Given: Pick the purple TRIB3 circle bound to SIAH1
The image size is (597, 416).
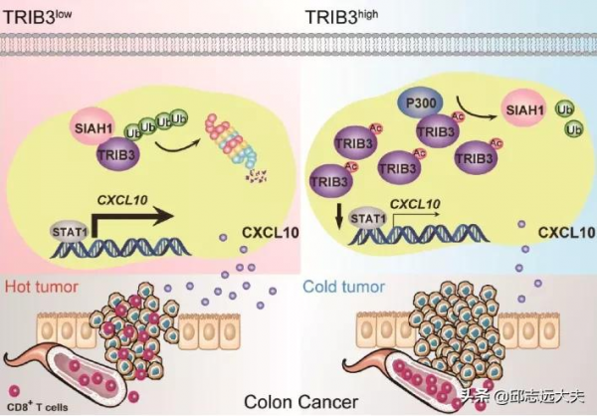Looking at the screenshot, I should pos(119,153).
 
